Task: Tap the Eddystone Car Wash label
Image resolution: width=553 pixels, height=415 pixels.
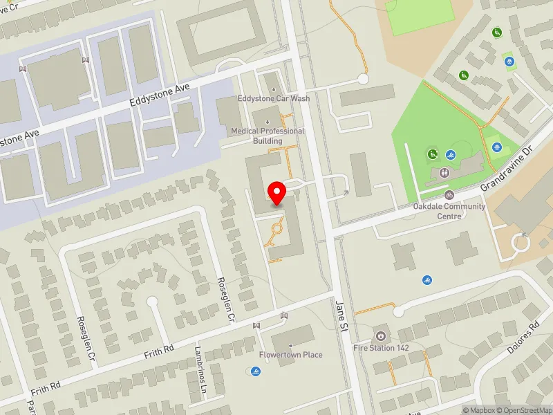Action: (273, 98)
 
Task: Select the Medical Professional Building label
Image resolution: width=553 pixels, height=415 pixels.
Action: (268, 136)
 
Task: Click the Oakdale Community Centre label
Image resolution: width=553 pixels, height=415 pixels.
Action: (449, 211)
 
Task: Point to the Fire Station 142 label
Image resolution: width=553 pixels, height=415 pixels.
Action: (381, 348)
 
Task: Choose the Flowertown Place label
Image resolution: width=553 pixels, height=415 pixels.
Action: (290, 355)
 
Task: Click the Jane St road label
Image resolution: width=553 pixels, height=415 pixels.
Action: (341, 316)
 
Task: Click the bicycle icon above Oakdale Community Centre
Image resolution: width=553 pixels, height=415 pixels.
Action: (449, 195)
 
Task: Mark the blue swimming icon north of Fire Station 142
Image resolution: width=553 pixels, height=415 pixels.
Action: (427, 280)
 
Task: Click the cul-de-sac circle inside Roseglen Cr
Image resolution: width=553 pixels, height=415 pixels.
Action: (151, 302)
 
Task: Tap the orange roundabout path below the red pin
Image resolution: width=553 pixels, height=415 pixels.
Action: (278, 228)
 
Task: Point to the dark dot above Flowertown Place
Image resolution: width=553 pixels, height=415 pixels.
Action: (291, 344)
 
